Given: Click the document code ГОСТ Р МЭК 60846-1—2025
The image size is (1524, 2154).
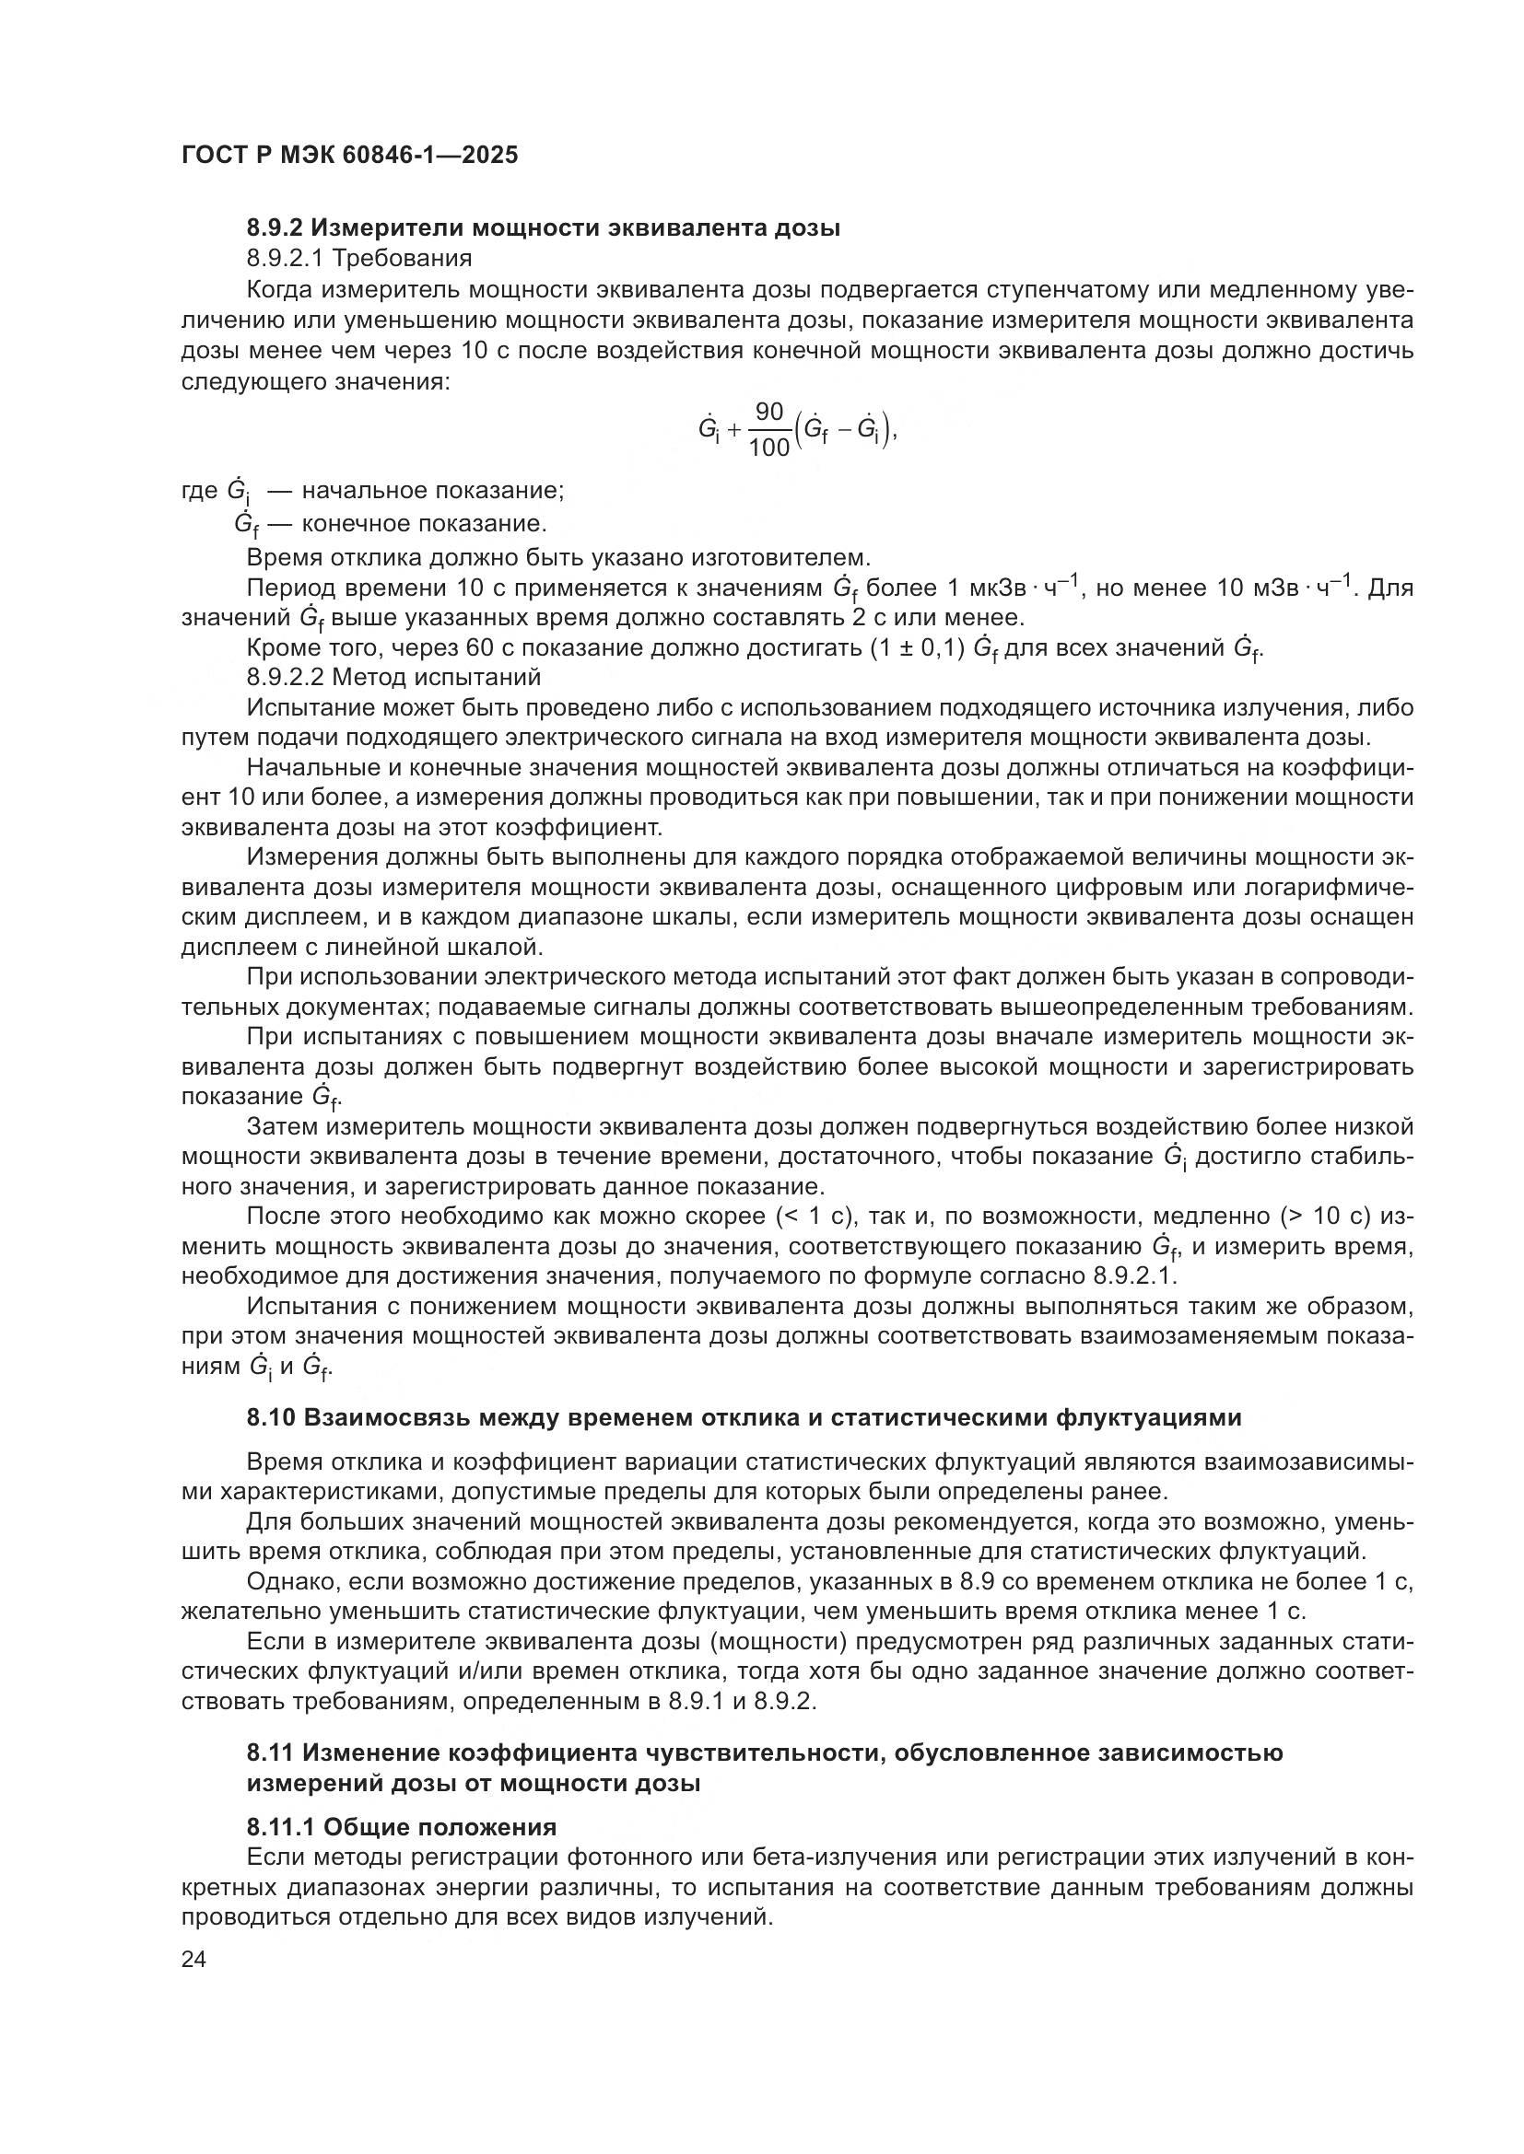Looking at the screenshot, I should [349, 155].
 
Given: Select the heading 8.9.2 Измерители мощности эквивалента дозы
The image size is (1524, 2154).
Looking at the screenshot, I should [544, 227].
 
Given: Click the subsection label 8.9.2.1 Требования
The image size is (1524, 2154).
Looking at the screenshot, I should [359, 257].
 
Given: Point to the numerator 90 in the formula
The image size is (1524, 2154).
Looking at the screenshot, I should [768, 412].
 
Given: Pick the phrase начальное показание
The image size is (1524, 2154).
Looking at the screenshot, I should [433, 491].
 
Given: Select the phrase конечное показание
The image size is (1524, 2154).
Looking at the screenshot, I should [424, 523].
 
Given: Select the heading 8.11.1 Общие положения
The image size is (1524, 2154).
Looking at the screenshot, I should [402, 1853].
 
